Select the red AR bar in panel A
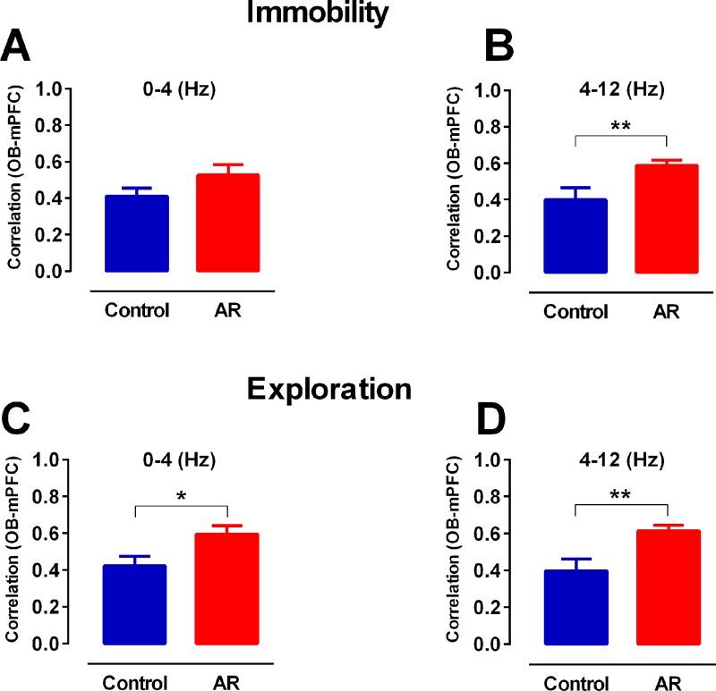[227, 223]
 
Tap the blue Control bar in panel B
[575, 236]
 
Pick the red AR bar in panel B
[666, 219]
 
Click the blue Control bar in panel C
[134, 604]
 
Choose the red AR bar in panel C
[227, 589]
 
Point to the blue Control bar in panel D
[575, 607]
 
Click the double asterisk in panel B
[620, 126]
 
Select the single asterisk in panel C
[182, 497]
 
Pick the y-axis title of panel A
[15, 179]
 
